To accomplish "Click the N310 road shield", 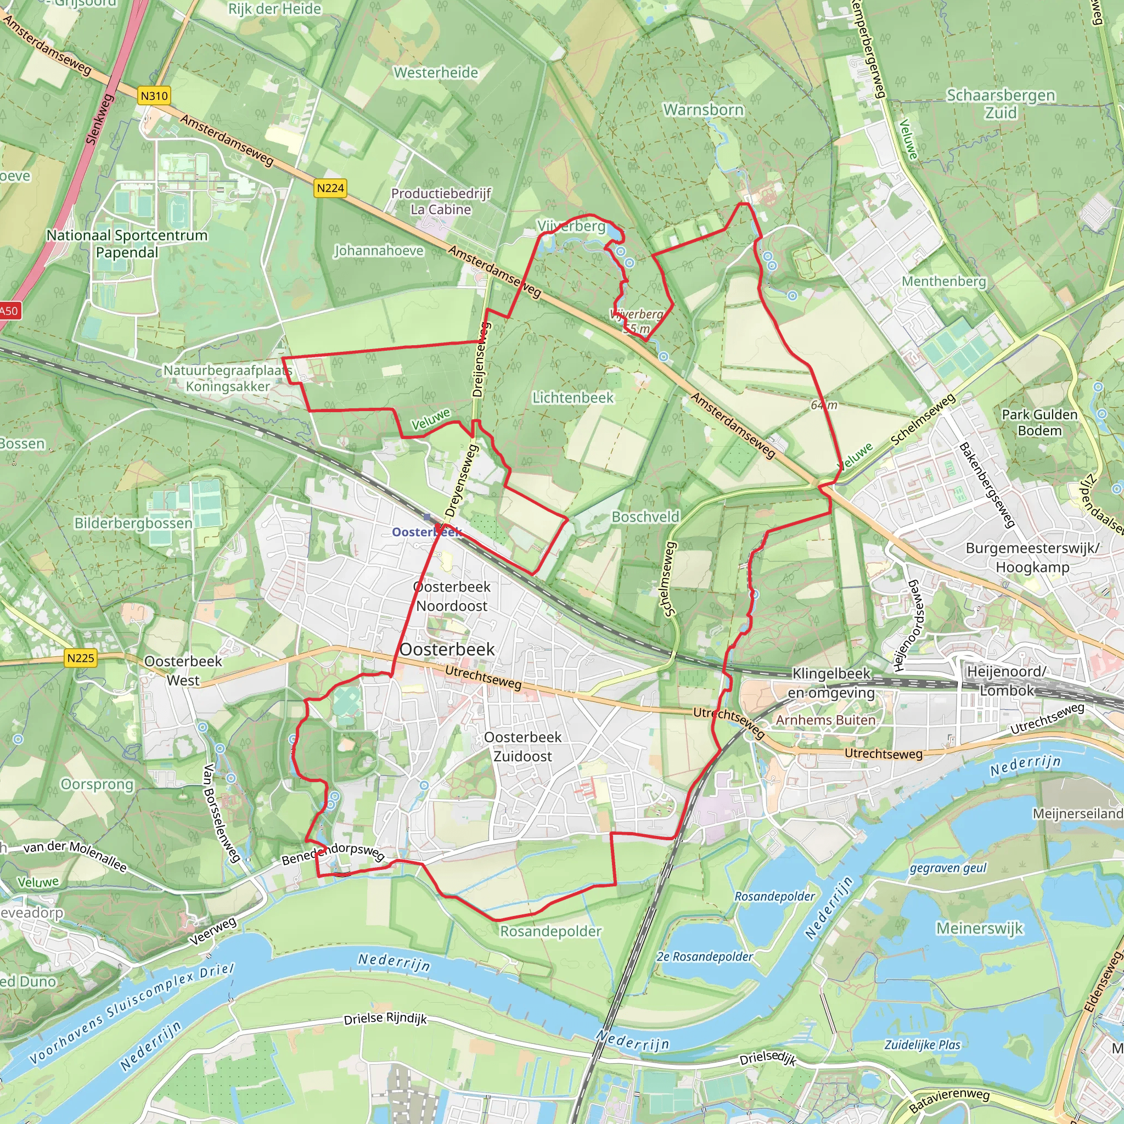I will pos(154,95).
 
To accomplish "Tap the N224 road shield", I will pos(330,188).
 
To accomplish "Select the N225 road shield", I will pos(80,658).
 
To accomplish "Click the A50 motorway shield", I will pos(9,311).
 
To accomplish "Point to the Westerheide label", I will pos(436,73).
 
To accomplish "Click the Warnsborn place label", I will pos(704,110).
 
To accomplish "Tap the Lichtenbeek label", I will pos(573,398).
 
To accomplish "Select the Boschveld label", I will pos(645,516).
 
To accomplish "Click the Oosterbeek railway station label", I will pos(426,532).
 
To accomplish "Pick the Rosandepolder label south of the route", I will pos(550,931).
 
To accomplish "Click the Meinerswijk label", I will pos(979,928).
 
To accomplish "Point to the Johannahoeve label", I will pos(379,251).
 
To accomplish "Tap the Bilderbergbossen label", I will pos(133,523).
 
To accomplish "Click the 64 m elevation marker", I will pos(824,405).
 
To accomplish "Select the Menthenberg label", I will pos(943,282).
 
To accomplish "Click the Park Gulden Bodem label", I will pos(1039,423).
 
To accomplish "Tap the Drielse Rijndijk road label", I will pos(385,1019).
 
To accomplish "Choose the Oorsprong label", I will pos(97,784).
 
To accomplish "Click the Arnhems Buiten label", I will pos(825,720).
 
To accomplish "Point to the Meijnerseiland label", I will pos(1077,813).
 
